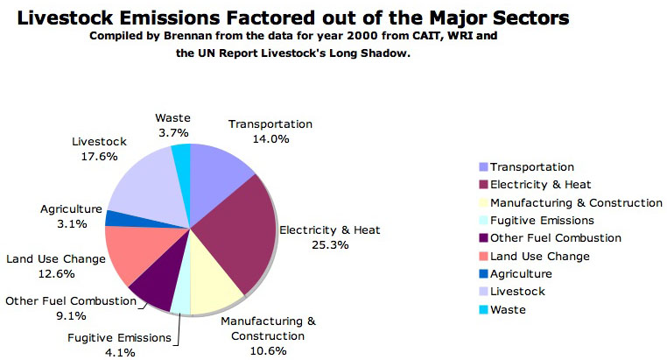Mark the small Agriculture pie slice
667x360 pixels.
(114, 218)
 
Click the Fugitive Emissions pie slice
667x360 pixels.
(181, 300)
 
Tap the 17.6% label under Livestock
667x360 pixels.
(98, 158)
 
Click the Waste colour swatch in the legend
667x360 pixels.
(483, 310)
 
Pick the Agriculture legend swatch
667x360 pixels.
(483, 274)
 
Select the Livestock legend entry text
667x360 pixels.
(517, 292)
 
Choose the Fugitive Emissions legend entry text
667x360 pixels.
(542, 221)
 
